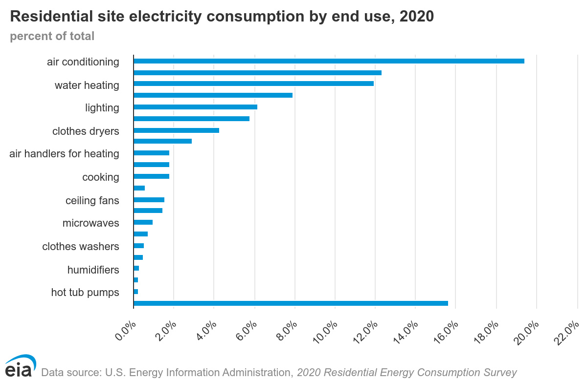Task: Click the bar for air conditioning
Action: point(329,61)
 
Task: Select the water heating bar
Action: point(253,84)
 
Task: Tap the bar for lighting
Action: point(195,107)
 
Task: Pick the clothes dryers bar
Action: point(176,130)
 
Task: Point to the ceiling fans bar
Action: point(149,200)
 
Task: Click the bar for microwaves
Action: point(143,222)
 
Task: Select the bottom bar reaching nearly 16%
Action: point(291,303)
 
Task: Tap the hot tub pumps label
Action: point(85,293)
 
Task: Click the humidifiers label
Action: point(93,270)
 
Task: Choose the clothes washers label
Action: point(81,247)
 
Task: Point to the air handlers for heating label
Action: point(64,154)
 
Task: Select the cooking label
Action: point(100,177)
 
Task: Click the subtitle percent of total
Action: point(52,37)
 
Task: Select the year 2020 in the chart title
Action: point(416,16)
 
